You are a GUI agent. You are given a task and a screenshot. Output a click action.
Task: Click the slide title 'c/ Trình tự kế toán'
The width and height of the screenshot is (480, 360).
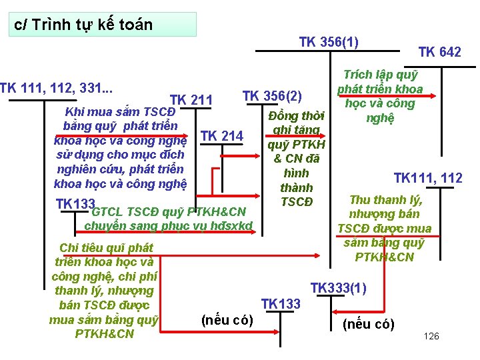(83, 25)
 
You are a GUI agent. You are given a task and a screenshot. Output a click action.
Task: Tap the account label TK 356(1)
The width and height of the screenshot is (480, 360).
(329, 42)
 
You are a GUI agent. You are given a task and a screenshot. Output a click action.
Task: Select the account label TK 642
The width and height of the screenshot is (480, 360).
(439, 52)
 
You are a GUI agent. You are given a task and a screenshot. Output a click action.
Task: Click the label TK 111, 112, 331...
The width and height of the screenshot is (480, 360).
(56, 88)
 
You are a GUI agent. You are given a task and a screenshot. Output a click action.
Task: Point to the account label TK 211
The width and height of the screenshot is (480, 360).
(191, 101)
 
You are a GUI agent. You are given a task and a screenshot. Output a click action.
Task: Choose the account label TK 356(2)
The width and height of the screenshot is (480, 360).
(272, 95)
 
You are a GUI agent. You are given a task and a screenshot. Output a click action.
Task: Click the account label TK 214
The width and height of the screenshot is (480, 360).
(221, 136)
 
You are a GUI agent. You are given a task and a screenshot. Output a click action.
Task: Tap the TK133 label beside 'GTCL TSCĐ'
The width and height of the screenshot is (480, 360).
(73, 203)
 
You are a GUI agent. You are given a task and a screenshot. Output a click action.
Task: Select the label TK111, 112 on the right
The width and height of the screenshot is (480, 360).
(428, 178)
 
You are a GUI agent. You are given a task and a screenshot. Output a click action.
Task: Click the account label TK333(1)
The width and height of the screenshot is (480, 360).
(338, 288)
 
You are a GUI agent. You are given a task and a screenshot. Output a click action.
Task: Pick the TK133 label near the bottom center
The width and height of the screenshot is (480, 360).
(281, 304)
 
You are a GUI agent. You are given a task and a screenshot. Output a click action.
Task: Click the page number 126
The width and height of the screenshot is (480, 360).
(431, 336)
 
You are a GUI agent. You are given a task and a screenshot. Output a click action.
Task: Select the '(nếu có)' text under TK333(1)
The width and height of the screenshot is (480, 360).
(368, 325)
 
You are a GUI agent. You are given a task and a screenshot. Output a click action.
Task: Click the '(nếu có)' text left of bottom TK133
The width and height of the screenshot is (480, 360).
(227, 320)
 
